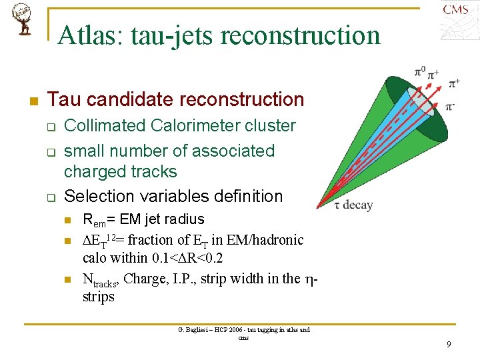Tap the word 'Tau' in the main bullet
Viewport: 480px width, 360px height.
[63, 100]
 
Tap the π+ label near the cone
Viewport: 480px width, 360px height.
[453, 83]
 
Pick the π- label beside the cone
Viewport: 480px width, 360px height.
[450, 105]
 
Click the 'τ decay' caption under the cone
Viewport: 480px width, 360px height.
[353, 205]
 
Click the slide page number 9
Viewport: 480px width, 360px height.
[449, 345]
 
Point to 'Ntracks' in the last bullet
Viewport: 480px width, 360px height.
[101, 279]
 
